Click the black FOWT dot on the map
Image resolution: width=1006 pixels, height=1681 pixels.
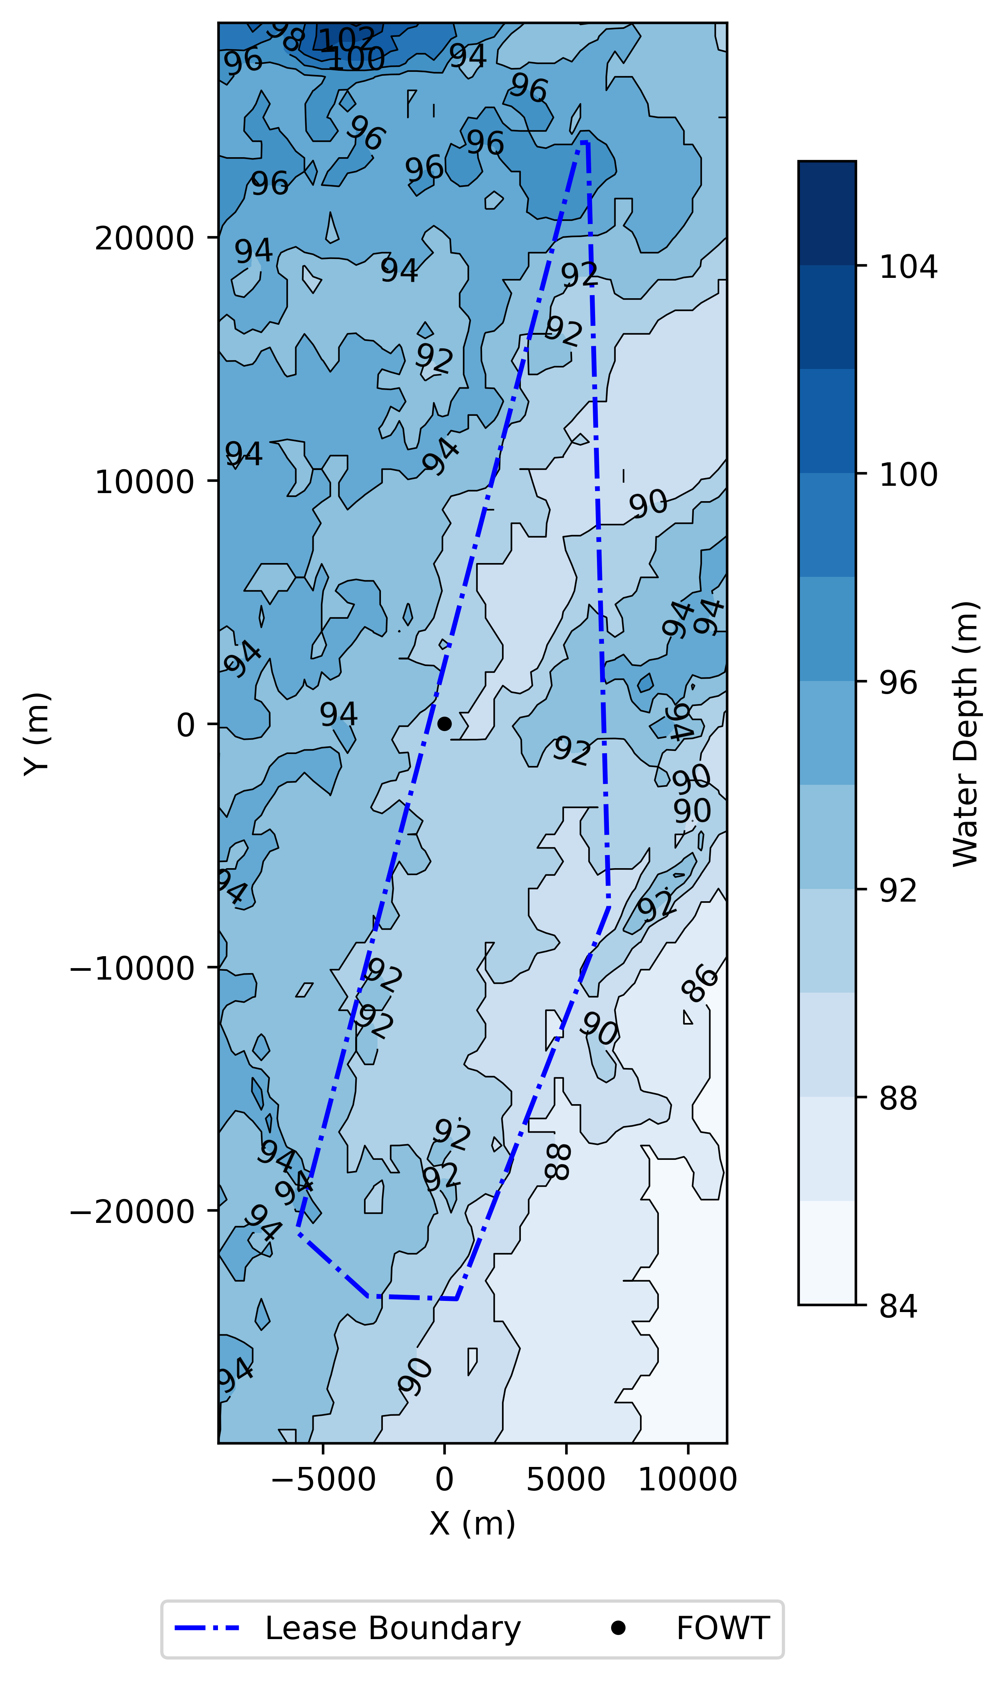(444, 724)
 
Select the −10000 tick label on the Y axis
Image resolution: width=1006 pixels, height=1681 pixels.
(132, 968)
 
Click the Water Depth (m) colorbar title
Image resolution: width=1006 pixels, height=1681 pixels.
(965, 733)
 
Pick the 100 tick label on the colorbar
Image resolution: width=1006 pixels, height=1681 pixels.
(908, 474)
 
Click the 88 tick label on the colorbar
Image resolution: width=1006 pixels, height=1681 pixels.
(898, 1098)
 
